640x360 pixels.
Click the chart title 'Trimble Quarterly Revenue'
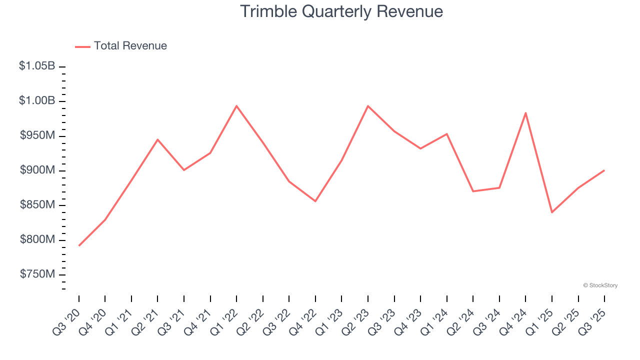[341, 11]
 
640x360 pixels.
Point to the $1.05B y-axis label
[37, 66]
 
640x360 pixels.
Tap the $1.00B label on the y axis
[37, 101]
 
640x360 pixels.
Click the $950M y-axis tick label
[37, 135]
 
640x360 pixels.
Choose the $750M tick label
[37, 274]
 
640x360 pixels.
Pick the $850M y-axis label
[37, 205]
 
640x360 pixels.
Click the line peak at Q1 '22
[236, 106]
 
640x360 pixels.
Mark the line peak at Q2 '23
[368, 106]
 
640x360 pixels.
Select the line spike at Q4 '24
[525, 113]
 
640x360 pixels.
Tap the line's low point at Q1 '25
[552, 212]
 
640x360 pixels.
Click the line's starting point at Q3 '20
[79, 245]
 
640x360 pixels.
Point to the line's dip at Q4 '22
[315, 201]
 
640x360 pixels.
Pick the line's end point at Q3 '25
[604, 170]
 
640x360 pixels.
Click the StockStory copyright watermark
[600, 285]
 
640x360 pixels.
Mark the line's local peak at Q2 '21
[157, 139]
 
